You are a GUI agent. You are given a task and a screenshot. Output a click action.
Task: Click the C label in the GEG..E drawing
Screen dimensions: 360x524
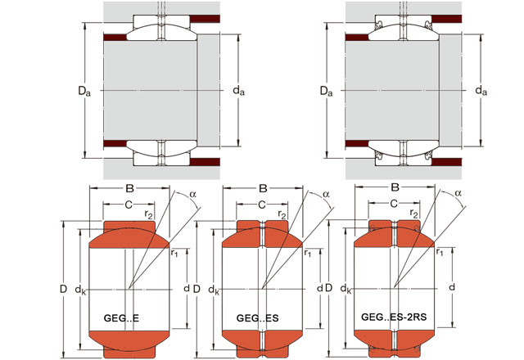pos(129,204)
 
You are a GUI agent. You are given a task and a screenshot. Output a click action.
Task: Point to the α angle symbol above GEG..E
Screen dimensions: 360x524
pos(192,194)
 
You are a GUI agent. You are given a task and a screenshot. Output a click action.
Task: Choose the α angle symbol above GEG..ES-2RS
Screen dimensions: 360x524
pos(458,194)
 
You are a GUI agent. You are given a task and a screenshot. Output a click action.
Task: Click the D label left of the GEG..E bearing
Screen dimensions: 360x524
pos(62,289)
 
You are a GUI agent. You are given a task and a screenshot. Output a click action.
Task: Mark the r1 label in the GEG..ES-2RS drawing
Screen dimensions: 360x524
pos(440,253)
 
